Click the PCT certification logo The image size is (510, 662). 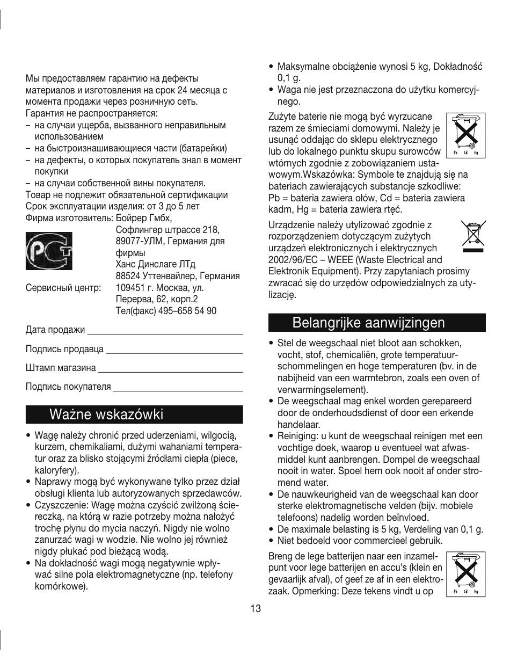49,250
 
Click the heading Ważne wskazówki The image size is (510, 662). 106,414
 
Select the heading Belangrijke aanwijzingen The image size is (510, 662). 369,323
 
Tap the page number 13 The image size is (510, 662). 255,608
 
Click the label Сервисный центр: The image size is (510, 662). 63,288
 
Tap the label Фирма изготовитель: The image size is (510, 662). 69,218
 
